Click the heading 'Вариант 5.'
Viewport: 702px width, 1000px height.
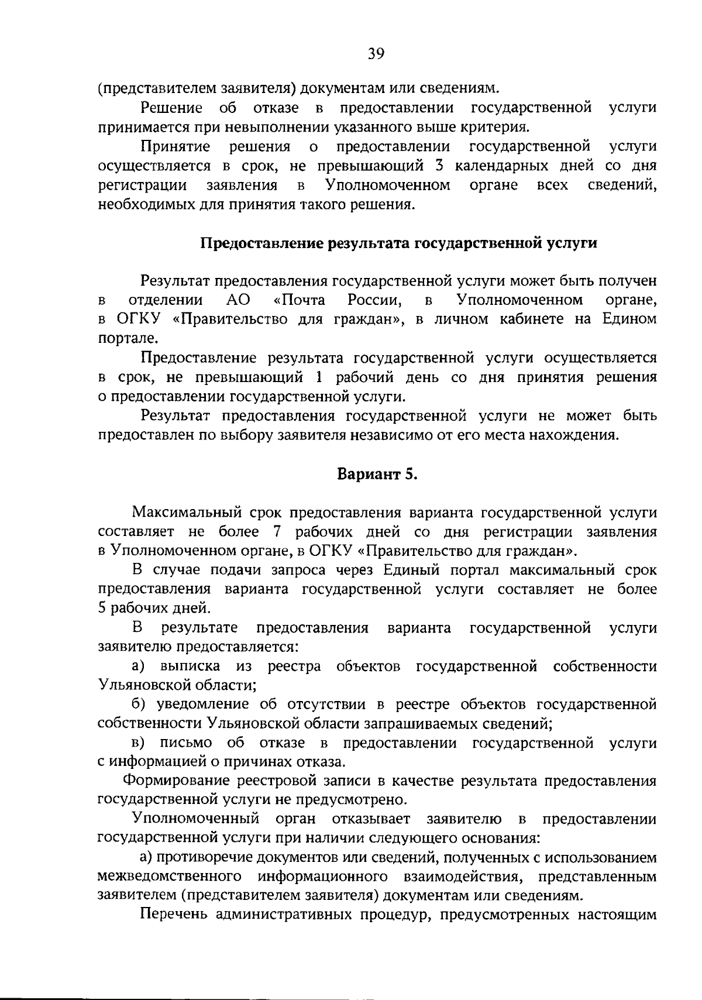pyautogui.click(x=377, y=474)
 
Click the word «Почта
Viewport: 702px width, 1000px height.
pyautogui.click(x=299, y=301)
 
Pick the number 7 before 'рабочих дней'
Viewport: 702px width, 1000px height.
pyautogui.click(x=277, y=532)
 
